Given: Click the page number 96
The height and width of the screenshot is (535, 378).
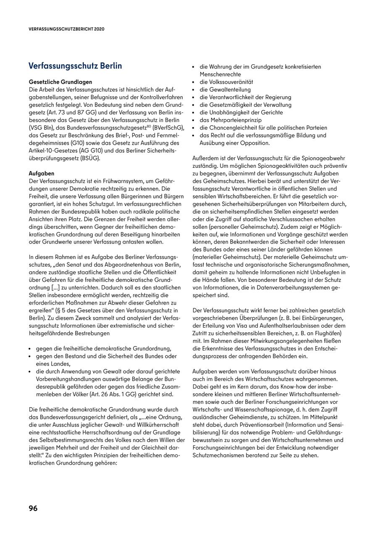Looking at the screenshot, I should click(33, 508).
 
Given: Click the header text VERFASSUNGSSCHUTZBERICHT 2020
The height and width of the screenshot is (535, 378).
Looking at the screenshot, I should click(66, 29).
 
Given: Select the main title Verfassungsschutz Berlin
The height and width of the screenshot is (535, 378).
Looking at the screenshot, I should click(75, 66).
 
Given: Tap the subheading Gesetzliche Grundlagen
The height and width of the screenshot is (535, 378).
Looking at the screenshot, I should click(60, 82).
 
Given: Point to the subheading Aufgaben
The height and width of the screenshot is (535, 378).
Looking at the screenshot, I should click(42, 173).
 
